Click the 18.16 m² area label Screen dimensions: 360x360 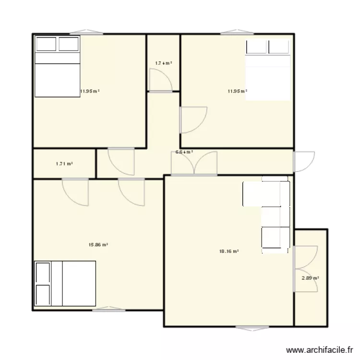point(229,251)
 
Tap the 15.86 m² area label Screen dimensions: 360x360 point(98,244)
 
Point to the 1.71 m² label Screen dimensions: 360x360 point(64,164)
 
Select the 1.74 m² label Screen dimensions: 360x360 point(163,63)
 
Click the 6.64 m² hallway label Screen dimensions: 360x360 point(184,152)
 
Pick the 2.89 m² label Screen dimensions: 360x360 point(311,278)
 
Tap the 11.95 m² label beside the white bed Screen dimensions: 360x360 point(237,91)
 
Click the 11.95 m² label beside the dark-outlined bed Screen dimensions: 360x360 point(90,91)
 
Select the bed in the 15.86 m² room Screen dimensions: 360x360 point(65,283)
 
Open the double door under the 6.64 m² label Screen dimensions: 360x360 point(194,163)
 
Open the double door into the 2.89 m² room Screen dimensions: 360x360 point(306,268)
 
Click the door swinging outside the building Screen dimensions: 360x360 point(304,162)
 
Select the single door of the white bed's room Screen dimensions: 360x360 point(193,120)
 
